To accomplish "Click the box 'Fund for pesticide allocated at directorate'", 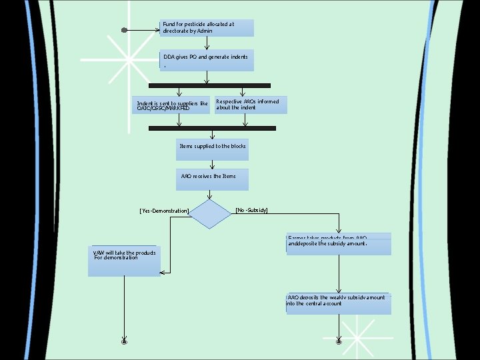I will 207,27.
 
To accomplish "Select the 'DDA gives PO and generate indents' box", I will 207,60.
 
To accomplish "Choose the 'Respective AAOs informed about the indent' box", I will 251,105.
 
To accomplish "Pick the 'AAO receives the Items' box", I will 212,179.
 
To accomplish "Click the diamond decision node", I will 210,214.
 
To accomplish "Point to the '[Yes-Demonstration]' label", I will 165,211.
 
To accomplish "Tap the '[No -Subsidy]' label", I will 252,210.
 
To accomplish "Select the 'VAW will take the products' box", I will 125,261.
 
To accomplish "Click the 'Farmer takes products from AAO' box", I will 338,244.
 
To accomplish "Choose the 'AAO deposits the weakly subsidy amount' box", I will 338,303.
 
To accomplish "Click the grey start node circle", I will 124,30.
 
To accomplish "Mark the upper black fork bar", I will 209,85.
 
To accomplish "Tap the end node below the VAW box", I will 124,341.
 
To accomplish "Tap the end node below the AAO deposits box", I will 339,341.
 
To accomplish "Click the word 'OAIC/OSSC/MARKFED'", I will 163,108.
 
